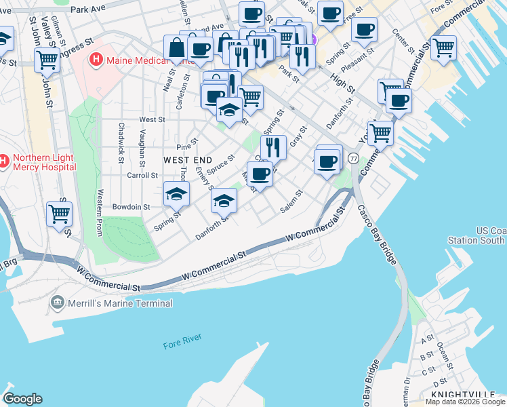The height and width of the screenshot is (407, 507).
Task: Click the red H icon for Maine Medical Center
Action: point(96,60)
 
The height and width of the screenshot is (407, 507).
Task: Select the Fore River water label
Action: point(182,345)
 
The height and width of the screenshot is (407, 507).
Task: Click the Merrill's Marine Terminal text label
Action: point(120,303)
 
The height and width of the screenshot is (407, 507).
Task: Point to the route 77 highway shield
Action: point(353,158)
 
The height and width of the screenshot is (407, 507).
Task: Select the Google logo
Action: point(22,399)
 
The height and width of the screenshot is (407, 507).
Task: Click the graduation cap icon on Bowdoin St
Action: point(176,195)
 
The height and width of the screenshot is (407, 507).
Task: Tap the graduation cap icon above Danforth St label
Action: point(224,200)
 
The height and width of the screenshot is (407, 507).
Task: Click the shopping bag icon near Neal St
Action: point(176,48)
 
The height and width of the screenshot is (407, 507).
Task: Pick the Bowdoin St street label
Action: point(131,206)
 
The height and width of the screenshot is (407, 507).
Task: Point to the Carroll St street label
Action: point(142,174)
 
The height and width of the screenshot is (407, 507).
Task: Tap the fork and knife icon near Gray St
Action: point(273,147)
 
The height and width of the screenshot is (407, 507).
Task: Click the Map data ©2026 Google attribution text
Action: point(465,402)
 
